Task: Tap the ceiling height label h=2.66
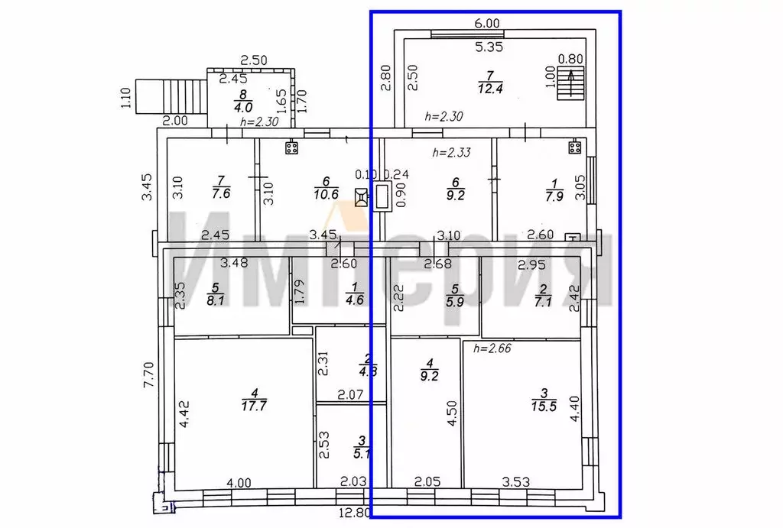coord(492,348)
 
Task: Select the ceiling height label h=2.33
coord(450,152)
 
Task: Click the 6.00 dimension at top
coord(487,24)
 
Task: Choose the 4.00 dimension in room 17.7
coord(239,482)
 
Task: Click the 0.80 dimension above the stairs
coord(569,58)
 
